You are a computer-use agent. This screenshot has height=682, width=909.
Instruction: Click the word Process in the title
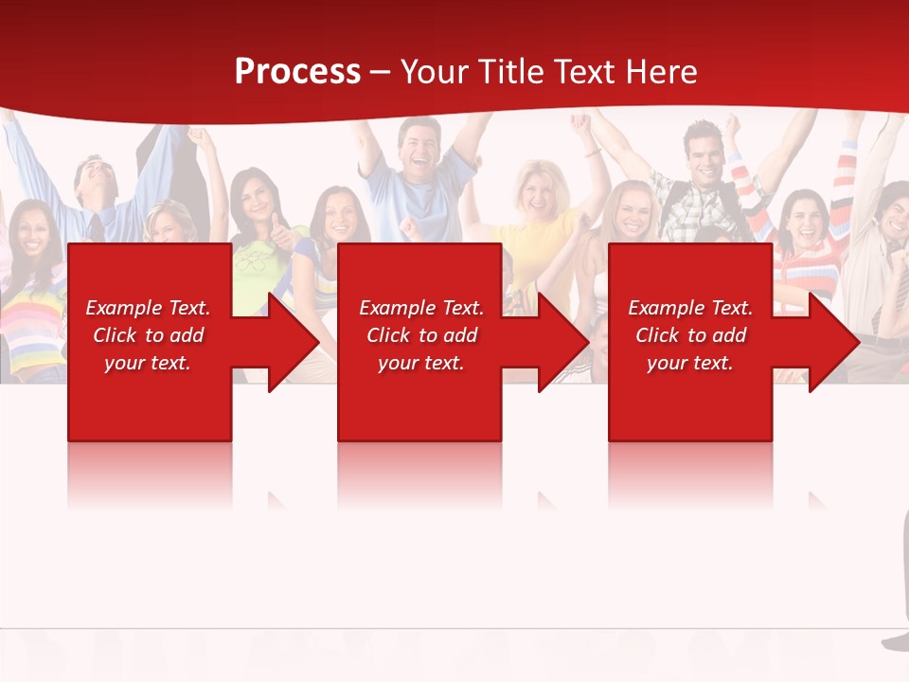click(297, 72)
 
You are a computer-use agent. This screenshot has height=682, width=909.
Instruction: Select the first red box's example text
click(148, 335)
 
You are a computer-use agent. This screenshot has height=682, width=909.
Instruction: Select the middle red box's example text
click(421, 335)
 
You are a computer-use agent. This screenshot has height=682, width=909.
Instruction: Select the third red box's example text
click(690, 335)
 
